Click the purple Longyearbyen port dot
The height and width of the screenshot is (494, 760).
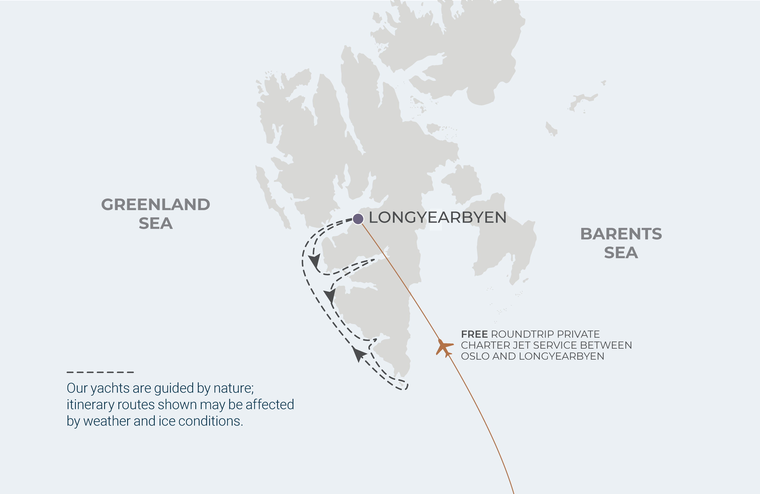[x=358, y=219]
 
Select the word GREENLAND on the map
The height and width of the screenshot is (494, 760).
[x=155, y=205]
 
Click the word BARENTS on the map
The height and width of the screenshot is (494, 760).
[x=621, y=234]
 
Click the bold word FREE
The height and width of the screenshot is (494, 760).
[x=474, y=334]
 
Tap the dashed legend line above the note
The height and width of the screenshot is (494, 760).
[x=100, y=372]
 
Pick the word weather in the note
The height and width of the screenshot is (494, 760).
[x=107, y=421]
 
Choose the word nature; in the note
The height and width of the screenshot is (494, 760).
[x=233, y=388]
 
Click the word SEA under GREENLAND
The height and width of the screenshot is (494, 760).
[x=155, y=224]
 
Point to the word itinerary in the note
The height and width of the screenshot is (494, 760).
[x=90, y=405]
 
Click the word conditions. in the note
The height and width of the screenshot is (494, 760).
[x=210, y=421]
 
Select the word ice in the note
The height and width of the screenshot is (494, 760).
[x=167, y=421]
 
